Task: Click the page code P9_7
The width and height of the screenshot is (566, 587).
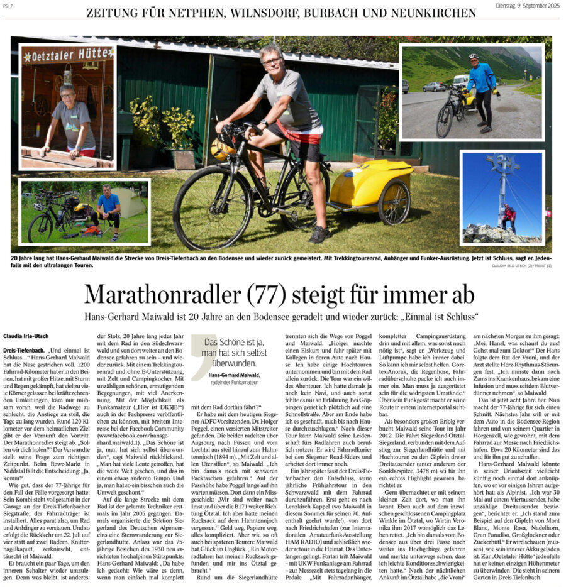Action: tap(9, 6)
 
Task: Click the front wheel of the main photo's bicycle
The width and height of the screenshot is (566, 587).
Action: tap(204, 208)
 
